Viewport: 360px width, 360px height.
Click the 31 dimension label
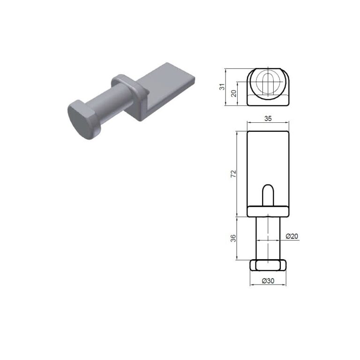click(x=222, y=87)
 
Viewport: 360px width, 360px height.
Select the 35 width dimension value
click(x=268, y=119)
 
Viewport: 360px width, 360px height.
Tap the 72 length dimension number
click(x=233, y=174)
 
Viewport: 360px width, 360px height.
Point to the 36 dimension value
click(x=233, y=238)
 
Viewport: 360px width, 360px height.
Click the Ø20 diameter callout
click(x=292, y=236)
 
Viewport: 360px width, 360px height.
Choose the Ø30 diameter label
click(x=268, y=281)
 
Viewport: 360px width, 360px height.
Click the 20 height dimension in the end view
click(x=233, y=93)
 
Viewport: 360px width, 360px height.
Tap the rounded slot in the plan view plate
click(x=268, y=195)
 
